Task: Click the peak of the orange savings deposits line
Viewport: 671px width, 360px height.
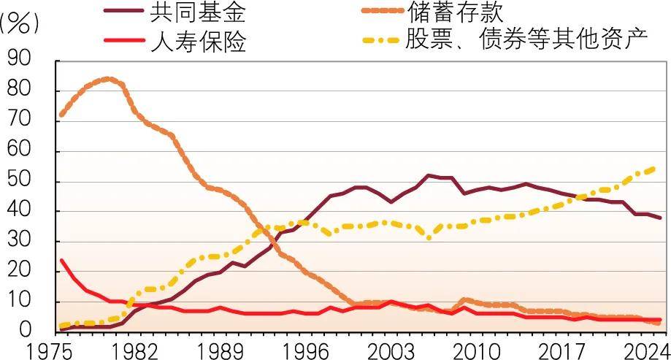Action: [108, 78]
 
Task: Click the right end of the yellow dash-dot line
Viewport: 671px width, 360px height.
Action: [655, 168]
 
